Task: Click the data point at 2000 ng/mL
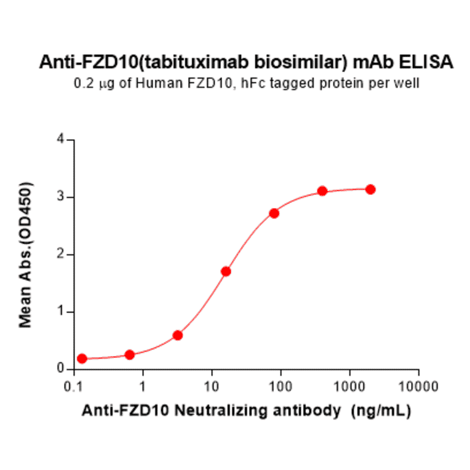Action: coord(370,189)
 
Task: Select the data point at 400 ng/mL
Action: coord(322,191)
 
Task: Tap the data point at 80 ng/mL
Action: coord(274,213)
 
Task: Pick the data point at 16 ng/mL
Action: coord(226,271)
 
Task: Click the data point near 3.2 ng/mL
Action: coord(178,335)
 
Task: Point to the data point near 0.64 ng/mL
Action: coord(130,355)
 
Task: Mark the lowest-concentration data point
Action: coord(82,359)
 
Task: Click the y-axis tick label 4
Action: coord(62,140)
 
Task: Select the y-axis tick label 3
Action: coord(62,197)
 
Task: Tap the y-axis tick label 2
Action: coord(62,255)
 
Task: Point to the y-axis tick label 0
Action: coord(62,369)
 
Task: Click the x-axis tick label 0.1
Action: coord(74,386)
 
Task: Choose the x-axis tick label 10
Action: coord(212,386)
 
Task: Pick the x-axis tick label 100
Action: coord(281,386)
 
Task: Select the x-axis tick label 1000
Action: coord(350,386)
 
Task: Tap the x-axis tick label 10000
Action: coord(419,386)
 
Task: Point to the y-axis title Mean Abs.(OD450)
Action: coord(26,255)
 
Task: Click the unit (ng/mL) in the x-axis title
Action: coord(380,410)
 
